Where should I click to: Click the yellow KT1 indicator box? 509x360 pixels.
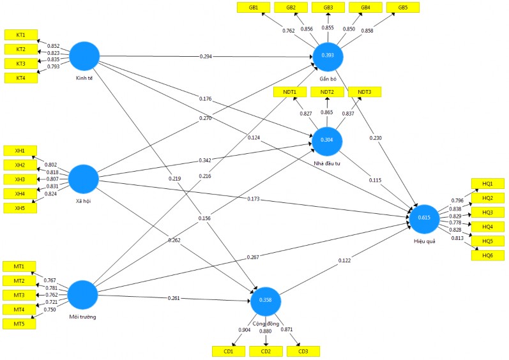point(21,34)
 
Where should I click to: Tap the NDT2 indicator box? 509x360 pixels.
point(327,92)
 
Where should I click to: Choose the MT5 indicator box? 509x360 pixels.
point(19,324)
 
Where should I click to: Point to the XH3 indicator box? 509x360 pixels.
point(20,179)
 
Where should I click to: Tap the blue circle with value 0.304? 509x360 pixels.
point(328,141)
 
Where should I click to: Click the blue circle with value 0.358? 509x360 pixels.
point(266,300)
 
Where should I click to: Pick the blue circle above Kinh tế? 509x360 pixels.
point(84,57)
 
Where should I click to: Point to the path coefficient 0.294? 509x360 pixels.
point(206,57)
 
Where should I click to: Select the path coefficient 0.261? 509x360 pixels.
point(174,299)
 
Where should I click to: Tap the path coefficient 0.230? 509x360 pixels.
point(376,139)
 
